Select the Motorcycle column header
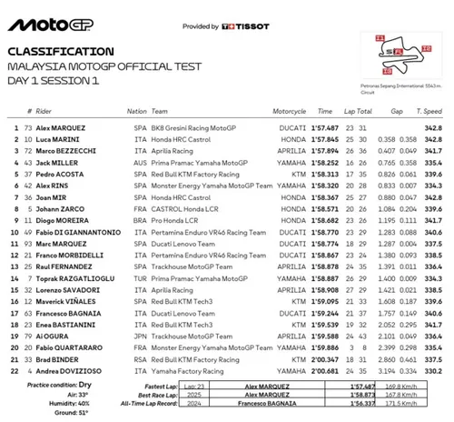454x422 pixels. click(268, 111)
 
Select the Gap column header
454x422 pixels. click(397, 111)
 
